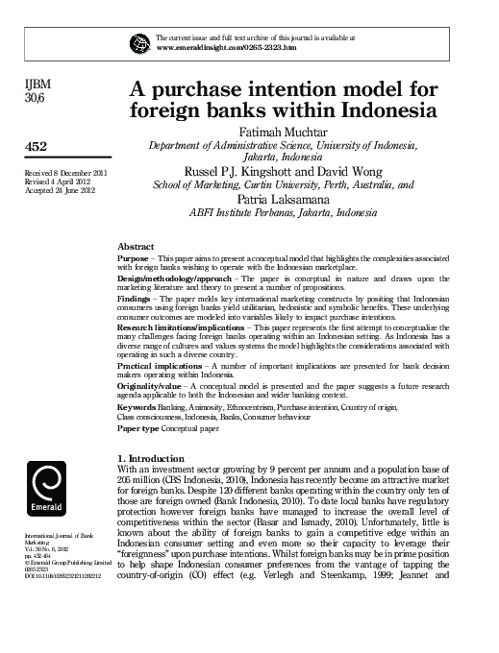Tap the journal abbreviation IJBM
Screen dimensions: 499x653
(x=35, y=84)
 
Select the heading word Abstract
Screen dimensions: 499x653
(x=136, y=247)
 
